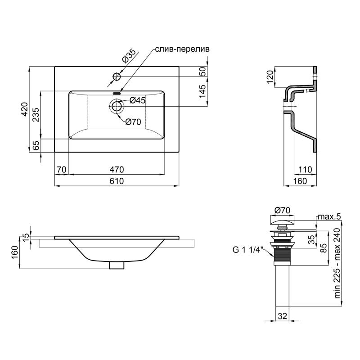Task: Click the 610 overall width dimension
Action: (x=117, y=181)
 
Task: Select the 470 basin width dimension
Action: (x=117, y=170)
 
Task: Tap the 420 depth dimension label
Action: (x=25, y=109)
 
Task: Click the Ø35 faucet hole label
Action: (x=129, y=56)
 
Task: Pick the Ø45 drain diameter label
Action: (x=138, y=100)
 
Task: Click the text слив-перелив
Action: (x=182, y=49)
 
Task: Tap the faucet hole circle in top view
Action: (x=117, y=76)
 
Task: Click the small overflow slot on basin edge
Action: (x=117, y=94)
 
